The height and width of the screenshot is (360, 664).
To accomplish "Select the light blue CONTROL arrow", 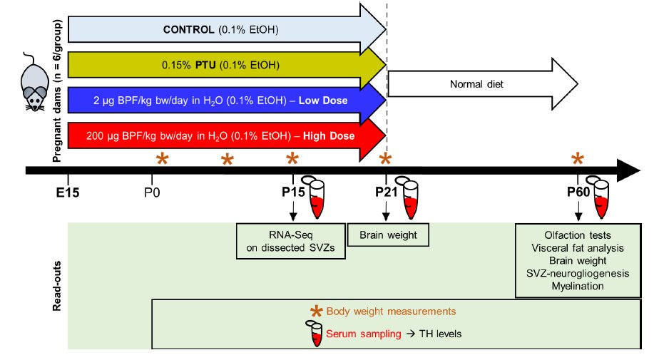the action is (227, 30).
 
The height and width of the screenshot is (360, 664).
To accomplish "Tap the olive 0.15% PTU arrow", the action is (227, 65).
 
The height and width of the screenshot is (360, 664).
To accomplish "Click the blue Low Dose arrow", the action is (227, 101).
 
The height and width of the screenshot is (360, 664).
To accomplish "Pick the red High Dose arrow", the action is (227, 136).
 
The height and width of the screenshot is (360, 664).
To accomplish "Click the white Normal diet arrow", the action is (483, 84).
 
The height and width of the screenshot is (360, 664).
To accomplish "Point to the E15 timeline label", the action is (68, 193).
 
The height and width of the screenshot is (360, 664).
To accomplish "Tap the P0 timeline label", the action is (152, 193).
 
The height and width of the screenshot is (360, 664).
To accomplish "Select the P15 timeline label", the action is (293, 192).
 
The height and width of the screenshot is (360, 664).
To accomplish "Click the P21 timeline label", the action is (387, 192).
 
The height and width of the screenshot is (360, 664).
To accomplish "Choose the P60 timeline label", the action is (578, 192).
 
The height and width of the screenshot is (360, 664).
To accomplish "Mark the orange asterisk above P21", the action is (385, 159).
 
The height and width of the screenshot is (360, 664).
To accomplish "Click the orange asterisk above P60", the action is (578, 159).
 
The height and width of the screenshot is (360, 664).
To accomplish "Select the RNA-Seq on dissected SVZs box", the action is (291, 241).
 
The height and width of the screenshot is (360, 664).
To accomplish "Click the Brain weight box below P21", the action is (388, 235).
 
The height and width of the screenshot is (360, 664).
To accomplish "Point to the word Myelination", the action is (578, 287).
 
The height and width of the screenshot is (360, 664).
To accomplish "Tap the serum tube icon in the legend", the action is (314, 334).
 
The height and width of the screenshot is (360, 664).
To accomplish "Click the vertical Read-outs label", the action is (57, 286).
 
